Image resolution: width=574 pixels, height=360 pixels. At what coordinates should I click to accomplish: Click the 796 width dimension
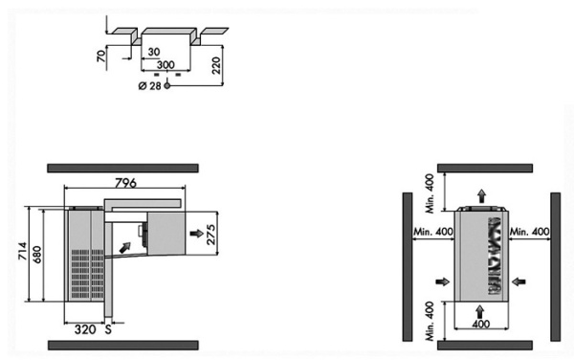pos(125,182)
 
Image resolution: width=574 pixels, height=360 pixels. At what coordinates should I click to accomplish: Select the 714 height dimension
pos(23,251)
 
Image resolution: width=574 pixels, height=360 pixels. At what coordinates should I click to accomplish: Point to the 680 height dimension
pos(37,255)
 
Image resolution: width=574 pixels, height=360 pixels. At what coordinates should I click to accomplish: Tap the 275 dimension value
pos(211,235)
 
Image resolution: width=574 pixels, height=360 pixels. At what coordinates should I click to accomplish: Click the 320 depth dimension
pos(85,329)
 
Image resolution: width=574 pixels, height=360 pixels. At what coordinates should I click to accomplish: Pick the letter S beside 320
pos(108,329)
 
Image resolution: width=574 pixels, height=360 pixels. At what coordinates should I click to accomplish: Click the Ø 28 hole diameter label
pos(150,86)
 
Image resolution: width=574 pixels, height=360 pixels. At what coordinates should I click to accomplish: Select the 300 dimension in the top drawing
pos(166,65)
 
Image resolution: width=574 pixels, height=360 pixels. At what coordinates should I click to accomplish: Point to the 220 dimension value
pos(217,65)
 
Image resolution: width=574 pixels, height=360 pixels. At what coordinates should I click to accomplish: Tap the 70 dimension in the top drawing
pos(101,56)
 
